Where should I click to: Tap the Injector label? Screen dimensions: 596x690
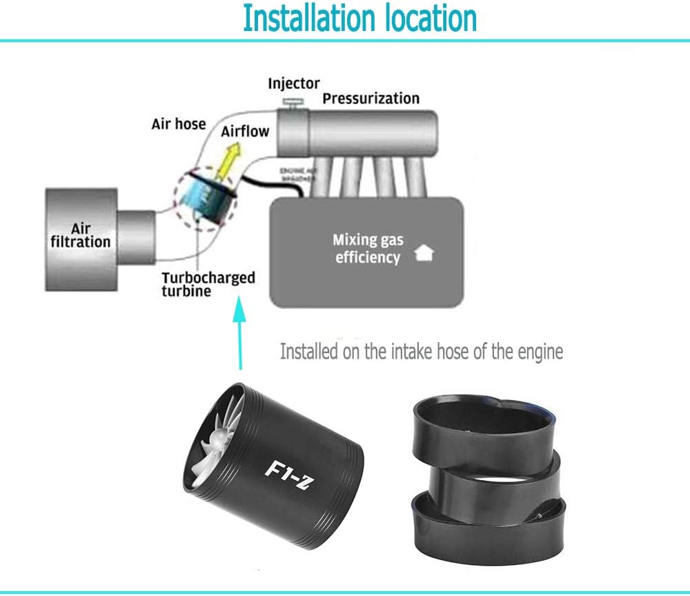tap(294, 83)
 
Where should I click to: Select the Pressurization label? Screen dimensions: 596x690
tap(371, 98)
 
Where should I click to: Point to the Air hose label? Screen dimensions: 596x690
tap(179, 124)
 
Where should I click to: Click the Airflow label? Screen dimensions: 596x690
tap(245, 130)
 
